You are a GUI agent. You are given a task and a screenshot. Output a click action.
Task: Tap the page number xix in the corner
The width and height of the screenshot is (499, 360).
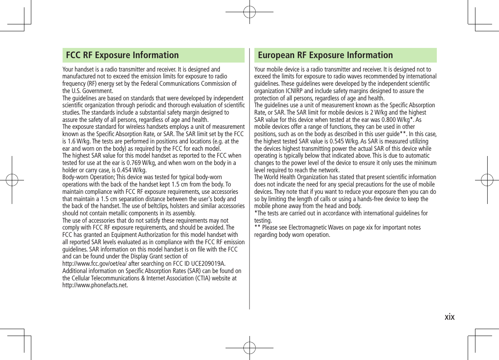pyautogui.click(x=449, y=317)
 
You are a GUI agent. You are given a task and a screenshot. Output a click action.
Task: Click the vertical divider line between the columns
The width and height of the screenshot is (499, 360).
pyautogui.click(x=249, y=179)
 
